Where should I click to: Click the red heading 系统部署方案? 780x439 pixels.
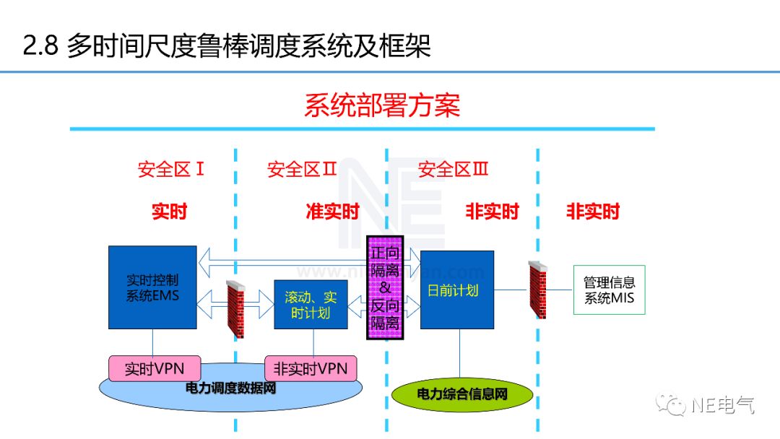(382, 105)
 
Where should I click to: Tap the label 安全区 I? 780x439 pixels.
(171, 170)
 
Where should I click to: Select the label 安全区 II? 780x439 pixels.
(302, 170)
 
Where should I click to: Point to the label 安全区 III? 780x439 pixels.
(454, 170)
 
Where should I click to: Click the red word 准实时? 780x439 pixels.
(332, 212)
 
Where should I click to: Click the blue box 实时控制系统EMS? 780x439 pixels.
(152, 287)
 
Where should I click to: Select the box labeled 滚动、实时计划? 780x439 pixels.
(311, 304)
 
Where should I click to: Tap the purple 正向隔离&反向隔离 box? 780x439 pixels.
(385, 287)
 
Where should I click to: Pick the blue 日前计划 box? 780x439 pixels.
(457, 290)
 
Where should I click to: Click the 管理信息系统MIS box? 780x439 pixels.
(609, 290)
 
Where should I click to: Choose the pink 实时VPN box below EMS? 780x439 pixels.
(154, 368)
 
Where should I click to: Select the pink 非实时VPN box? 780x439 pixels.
(311, 368)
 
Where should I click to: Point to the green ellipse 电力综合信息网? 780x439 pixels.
(462, 394)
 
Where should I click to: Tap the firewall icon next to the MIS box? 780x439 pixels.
(537, 290)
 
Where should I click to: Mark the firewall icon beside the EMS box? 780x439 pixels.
(236, 309)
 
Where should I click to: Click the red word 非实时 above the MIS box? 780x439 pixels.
(593, 212)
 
